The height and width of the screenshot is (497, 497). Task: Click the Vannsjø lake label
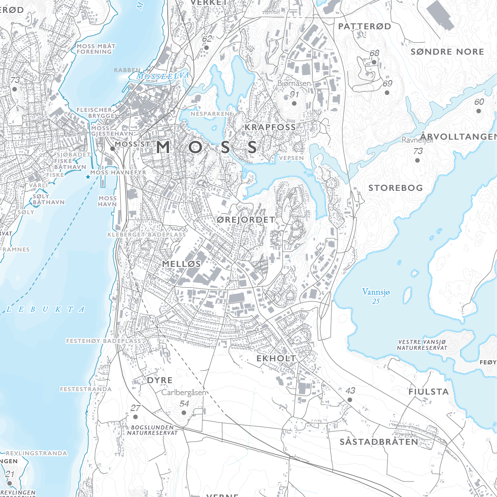pyautogui.click(x=376, y=292)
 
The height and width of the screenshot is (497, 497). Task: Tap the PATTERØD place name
pyautogui.click(x=365, y=26)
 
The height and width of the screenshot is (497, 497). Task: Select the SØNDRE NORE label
pyautogui.click(x=447, y=52)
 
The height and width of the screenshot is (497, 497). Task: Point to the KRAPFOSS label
pyautogui.click(x=270, y=128)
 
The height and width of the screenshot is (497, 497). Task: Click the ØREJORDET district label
pyautogui.click(x=246, y=219)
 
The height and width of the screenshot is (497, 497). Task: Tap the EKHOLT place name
pyautogui.click(x=276, y=358)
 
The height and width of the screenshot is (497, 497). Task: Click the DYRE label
pyautogui.click(x=160, y=380)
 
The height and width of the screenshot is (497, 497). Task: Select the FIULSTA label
pyautogui.click(x=428, y=392)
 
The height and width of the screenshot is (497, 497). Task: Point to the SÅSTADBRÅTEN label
pyautogui.click(x=379, y=442)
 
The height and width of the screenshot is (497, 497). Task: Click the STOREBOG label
pyautogui.click(x=396, y=188)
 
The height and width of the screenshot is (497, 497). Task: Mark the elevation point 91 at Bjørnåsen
pyautogui.click(x=294, y=103)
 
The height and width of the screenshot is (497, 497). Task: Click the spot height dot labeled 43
pyautogui.click(x=350, y=400)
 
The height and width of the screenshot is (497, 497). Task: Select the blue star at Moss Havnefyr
pyautogui.click(x=88, y=176)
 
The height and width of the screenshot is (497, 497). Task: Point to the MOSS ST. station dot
pyautogui.click(x=112, y=148)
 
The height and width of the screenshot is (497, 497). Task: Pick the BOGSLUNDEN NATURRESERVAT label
pyautogui.click(x=155, y=430)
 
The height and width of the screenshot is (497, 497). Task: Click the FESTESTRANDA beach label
pyautogui.click(x=85, y=389)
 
